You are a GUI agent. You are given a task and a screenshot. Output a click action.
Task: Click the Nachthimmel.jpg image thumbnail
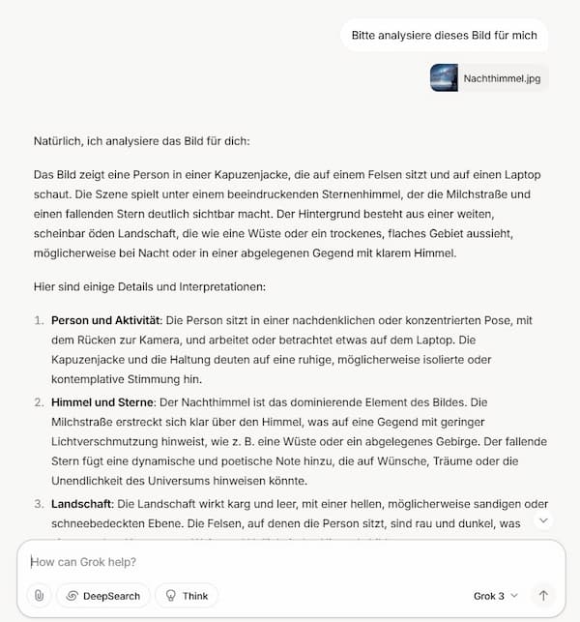444,77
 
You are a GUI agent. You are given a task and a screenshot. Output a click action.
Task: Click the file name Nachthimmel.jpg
502,78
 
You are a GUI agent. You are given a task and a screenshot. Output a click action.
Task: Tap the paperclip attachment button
39,596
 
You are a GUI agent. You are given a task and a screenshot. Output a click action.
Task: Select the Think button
187,596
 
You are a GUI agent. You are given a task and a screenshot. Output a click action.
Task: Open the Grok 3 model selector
496,596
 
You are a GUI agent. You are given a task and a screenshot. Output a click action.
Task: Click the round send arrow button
543,596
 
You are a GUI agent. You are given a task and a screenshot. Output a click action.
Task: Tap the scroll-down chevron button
543,520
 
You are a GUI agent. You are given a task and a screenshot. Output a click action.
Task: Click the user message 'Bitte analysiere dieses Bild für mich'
444,36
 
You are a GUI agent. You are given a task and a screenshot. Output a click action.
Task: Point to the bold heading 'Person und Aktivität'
103,320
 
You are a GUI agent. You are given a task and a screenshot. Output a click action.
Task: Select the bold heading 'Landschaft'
81,504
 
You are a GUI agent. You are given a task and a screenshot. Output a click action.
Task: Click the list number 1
39,320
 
